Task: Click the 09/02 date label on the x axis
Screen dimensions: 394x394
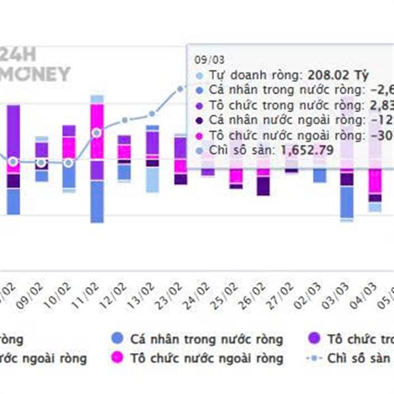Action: pos(34,295)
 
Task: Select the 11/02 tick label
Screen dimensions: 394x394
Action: pos(90,295)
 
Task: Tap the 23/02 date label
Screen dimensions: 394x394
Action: pos(174,295)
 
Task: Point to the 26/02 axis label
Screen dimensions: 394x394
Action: pos(258,295)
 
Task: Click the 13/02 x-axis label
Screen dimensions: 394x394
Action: pos(146,295)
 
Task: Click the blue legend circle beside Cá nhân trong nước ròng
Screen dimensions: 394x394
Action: pos(117,339)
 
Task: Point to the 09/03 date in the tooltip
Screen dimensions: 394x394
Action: pos(208,58)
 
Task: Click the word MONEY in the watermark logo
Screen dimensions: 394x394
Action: pos(36,74)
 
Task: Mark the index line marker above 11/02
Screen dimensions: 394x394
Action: pos(97,133)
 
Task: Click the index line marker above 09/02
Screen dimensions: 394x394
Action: pos(41,162)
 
